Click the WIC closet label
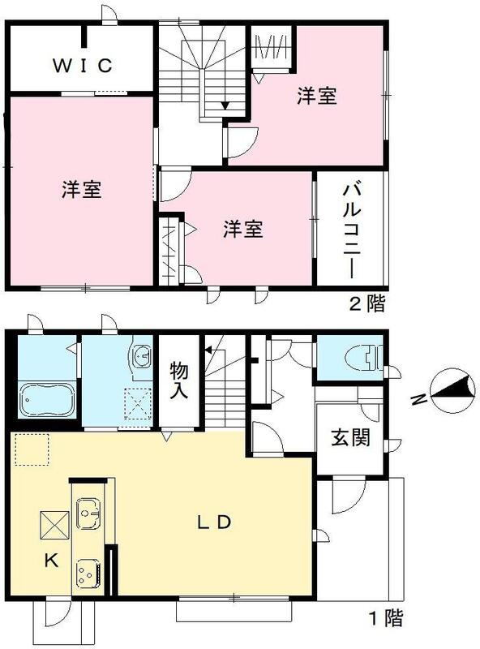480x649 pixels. click(x=82, y=66)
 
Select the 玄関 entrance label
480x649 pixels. click(x=350, y=438)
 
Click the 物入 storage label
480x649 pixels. click(x=180, y=380)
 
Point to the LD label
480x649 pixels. click(x=216, y=521)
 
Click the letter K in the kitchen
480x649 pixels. click(x=50, y=561)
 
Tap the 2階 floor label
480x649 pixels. click(x=366, y=304)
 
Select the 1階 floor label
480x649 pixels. click(x=385, y=619)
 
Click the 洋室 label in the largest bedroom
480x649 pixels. click(x=82, y=191)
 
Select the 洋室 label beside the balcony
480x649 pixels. click(x=243, y=229)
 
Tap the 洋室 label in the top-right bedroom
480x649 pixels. click(x=316, y=97)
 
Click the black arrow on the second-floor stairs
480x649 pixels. click(x=225, y=105)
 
